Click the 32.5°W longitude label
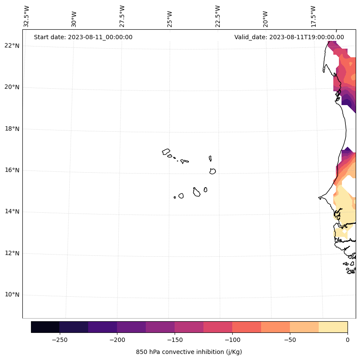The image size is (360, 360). pos(27,16)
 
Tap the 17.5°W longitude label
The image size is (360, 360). pos(314,16)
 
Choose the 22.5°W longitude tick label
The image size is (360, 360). pos(218,16)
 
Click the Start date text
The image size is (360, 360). pos(83,37)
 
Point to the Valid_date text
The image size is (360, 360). pos(289,37)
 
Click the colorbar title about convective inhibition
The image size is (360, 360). pos(189,352)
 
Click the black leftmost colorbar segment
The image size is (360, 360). pos(45,327)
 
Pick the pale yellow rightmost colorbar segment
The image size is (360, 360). pos(333,327)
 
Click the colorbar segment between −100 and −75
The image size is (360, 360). pos(246,327)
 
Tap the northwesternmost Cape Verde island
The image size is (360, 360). pos(166,152)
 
